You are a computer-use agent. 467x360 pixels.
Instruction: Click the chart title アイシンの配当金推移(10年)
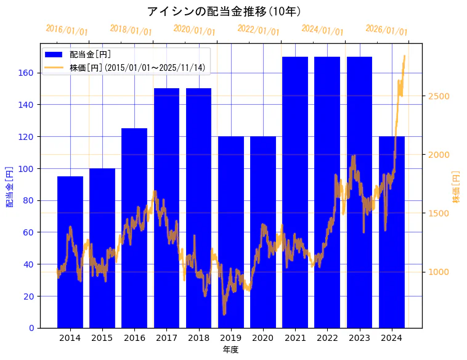tap(224, 12)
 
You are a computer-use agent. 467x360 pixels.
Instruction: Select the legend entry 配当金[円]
tap(91, 55)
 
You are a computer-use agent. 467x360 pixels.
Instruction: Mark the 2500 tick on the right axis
tap(438, 96)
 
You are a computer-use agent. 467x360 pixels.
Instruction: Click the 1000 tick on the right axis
tap(438, 272)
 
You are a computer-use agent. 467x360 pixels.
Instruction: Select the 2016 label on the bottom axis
tap(134, 338)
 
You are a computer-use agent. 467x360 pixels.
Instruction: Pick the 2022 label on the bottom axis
tap(327, 338)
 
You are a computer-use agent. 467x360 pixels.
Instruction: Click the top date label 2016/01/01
tap(67, 30)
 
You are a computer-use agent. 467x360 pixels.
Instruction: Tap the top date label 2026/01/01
tap(386, 30)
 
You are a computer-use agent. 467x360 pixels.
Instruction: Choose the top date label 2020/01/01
tap(195, 30)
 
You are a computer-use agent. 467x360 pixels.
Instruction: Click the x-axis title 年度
tap(230, 350)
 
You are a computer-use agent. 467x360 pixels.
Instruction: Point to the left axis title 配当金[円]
tap(9, 186)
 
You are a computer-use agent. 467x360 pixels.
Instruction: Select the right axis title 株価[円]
tap(457, 186)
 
